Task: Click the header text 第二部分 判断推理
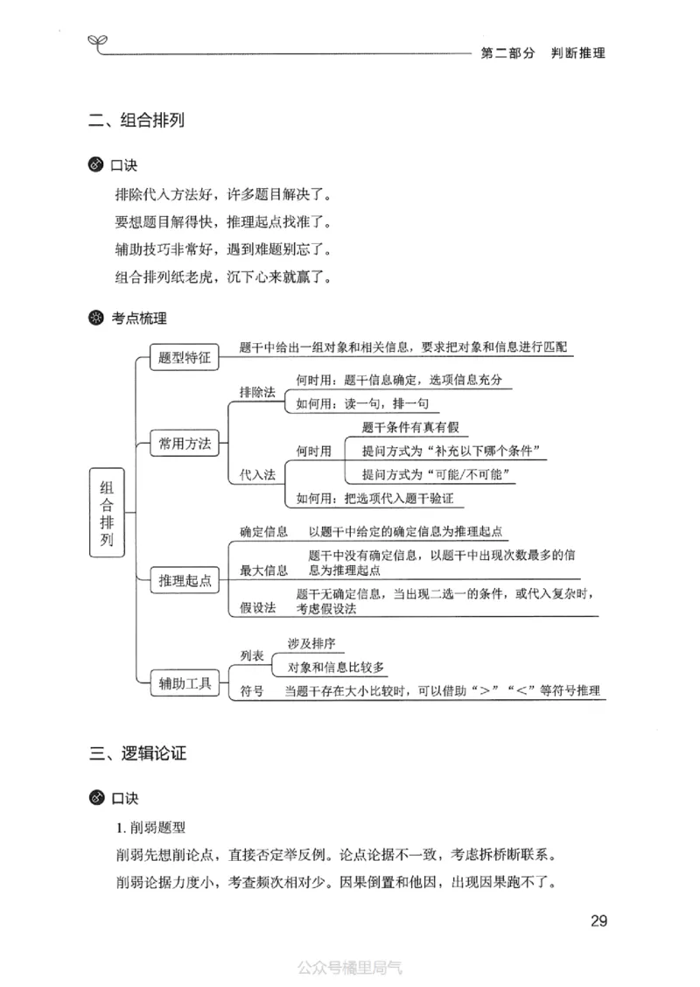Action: coord(542,52)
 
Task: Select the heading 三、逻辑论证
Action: coord(137,752)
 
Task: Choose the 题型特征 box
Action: coord(185,357)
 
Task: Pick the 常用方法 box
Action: coord(185,443)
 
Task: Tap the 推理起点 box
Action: coord(185,580)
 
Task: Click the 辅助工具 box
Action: coord(185,683)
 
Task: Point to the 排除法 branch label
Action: coord(257,392)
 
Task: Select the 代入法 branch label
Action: coord(257,474)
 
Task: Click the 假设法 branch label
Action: coord(257,607)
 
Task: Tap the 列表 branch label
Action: coord(252,654)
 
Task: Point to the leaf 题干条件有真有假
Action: coord(409,427)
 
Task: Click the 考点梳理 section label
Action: coord(138,318)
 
